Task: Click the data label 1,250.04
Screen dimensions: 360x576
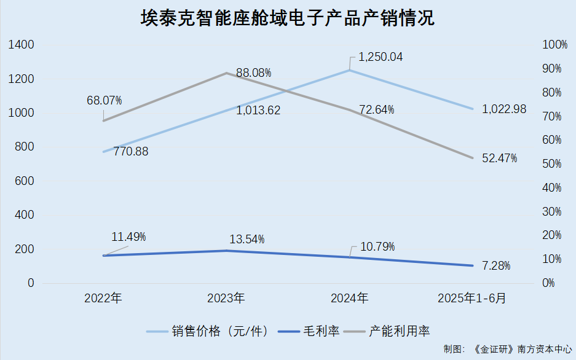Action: point(381,57)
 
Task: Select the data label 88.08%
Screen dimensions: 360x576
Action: point(253,73)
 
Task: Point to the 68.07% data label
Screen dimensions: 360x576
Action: point(104,100)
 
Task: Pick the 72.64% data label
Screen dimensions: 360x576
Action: point(376,110)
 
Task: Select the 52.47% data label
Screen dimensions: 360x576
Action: point(499,158)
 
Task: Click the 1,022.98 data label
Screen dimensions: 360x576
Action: point(504,109)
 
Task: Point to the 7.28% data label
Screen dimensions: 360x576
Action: point(496,266)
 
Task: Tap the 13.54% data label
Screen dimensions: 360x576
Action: point(246,238)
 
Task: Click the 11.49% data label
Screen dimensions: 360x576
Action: point(128,237)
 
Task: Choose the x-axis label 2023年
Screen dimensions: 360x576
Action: point(226,299)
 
